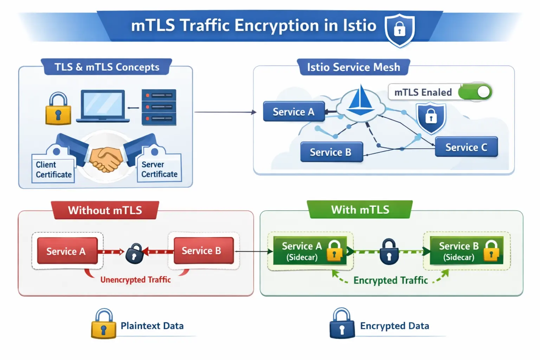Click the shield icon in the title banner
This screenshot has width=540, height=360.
point(399,30)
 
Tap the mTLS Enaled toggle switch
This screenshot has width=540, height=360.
point(475,92)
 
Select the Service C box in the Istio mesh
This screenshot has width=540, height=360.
point(466,147)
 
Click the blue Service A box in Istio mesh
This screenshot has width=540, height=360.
point(294,112)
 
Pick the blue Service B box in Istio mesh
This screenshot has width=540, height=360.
point(331,152)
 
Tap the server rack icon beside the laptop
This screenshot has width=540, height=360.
point(159,107)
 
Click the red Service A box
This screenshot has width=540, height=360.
point(67,251)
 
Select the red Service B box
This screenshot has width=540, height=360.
point(203,251)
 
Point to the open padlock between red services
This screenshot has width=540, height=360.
point(134,253)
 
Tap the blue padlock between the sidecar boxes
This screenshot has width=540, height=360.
point(389,252)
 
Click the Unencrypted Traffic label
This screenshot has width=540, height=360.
point(135,280)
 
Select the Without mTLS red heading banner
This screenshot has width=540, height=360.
point(105,210)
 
